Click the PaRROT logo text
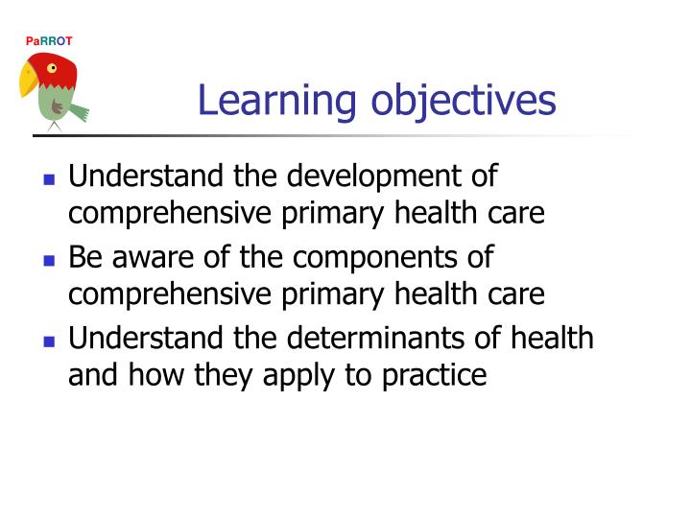[48, 40]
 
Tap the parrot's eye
[52, 68]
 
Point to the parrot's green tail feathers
[79, 112]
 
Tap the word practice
[431, 375]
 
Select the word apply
[315, 375]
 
